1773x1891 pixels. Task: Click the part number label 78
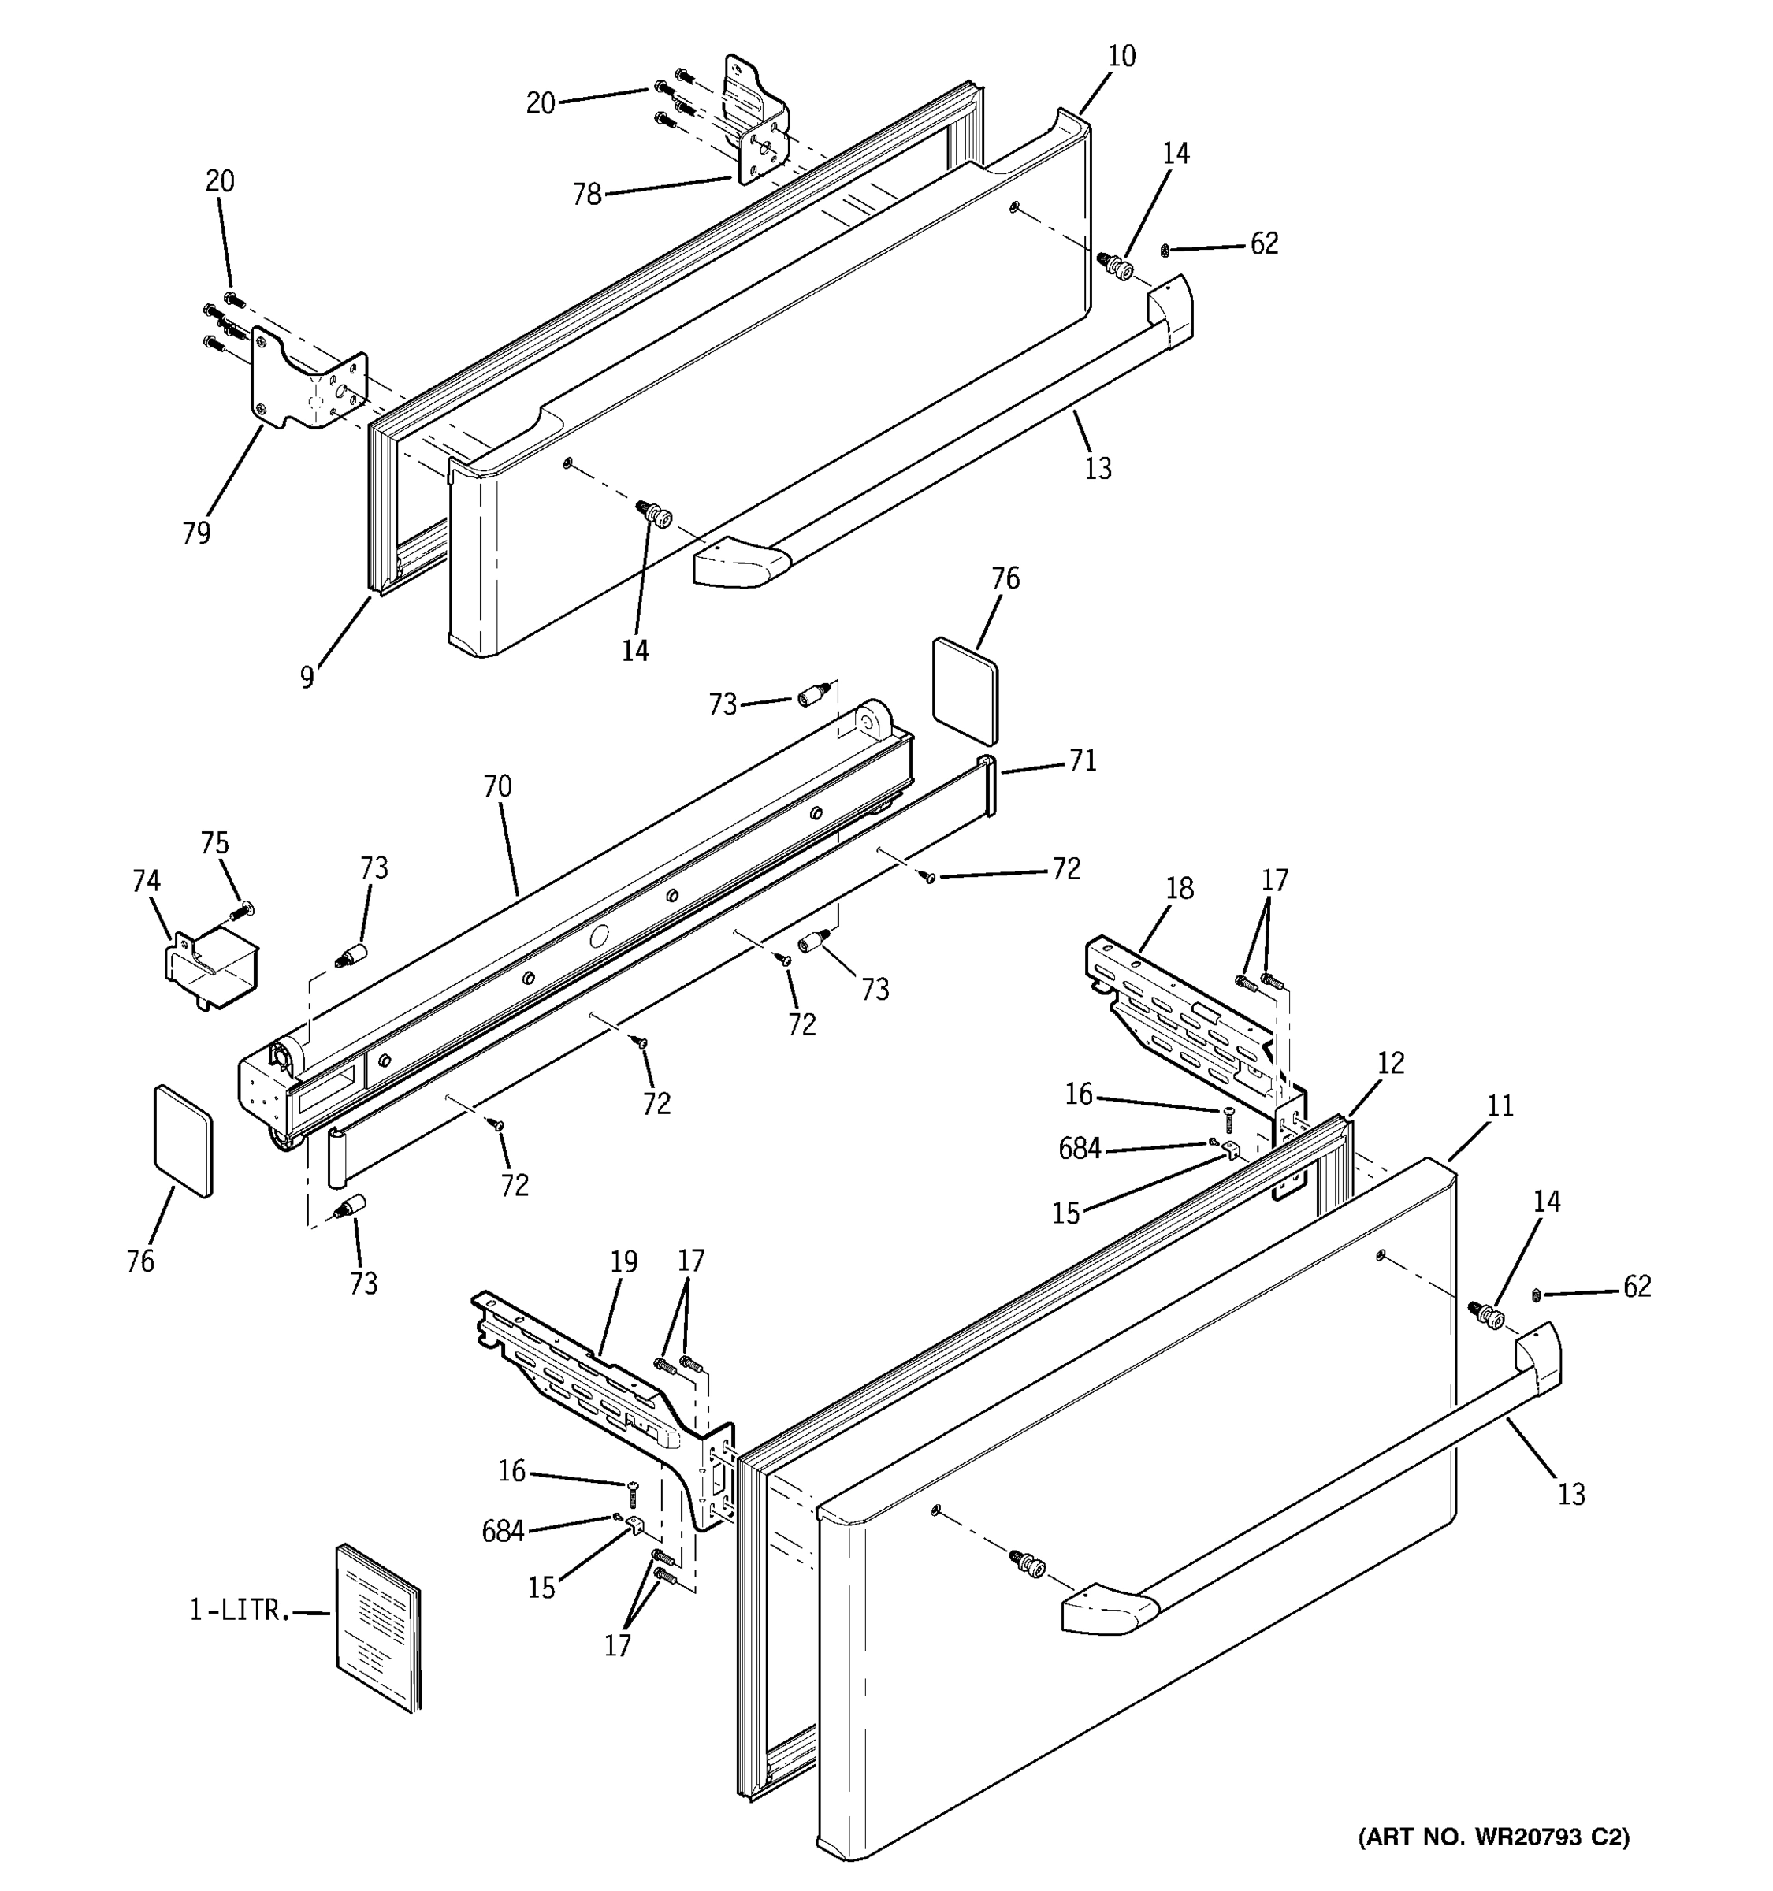[x=587, y=194]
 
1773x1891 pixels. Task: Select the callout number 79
[x=196, y=533]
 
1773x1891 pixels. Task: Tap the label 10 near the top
[x=1121, y=56]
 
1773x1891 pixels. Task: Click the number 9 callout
[x=307, y=678]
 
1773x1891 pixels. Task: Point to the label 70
[x=497, y=786]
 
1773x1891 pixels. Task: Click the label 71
[x=1083, y=760]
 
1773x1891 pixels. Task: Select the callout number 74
[x=146, y=881]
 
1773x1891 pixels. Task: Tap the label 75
[x=214, y=843]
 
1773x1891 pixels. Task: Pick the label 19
[x=623, y=1261]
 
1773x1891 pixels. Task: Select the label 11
[x=1500, y=1105]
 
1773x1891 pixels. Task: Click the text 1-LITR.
[x=238, y=1611]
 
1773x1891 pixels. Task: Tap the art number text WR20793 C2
[x=1493, y=1837]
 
